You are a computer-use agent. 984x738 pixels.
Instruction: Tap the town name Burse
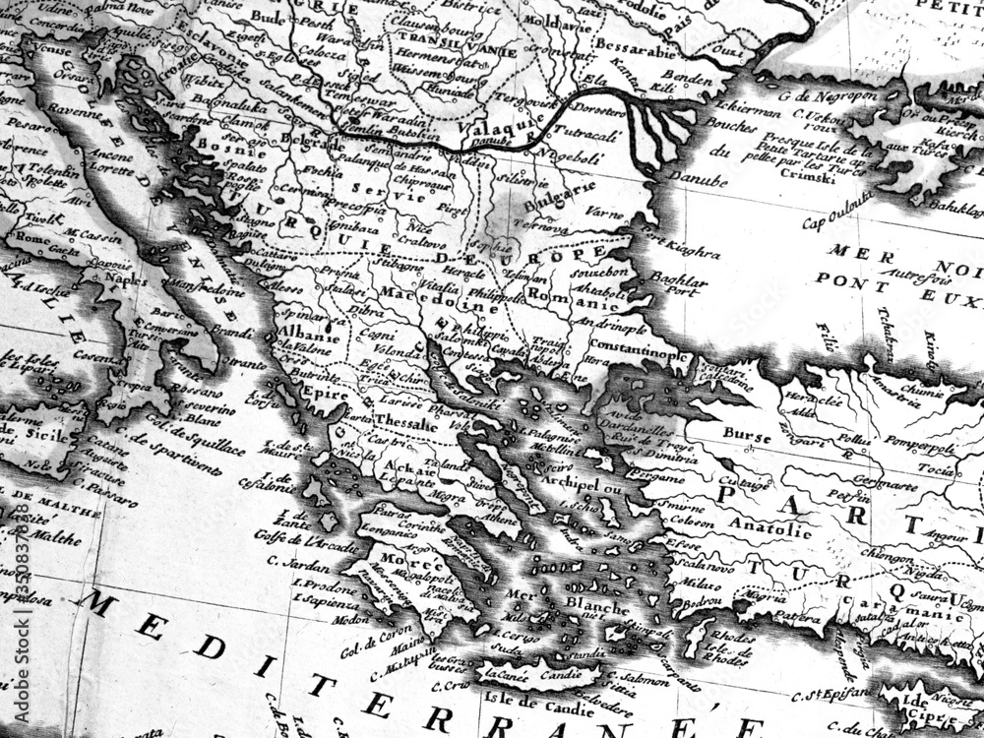tap(746, 432)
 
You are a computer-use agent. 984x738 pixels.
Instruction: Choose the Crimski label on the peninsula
tap(777, 170)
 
